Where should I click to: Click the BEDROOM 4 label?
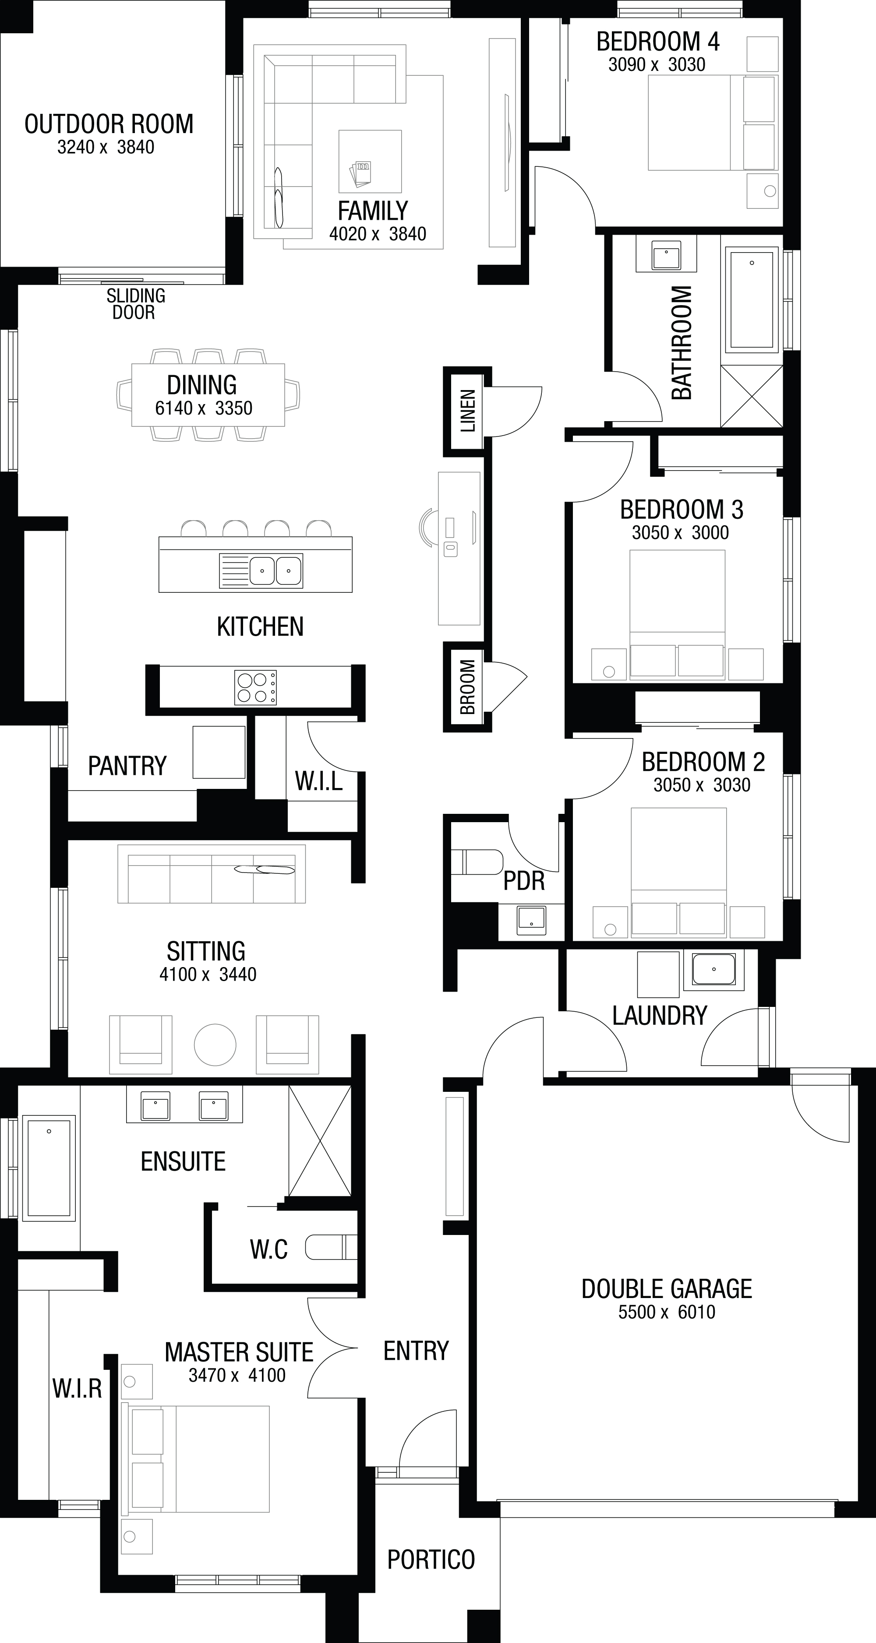point(658,42)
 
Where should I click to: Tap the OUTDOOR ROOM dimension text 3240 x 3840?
point(106,148)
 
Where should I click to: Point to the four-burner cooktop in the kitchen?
point(256,688)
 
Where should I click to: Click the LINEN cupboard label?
point(468,411)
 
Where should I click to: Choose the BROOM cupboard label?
point(468,687)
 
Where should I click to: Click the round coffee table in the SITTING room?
point(215,1045)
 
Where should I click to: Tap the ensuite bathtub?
point(49,1166)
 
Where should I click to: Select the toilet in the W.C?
point(331,1248)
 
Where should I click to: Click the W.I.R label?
point(77,1389)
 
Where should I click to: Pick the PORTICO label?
point(431,1559)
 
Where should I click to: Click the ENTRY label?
point(416,1350)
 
